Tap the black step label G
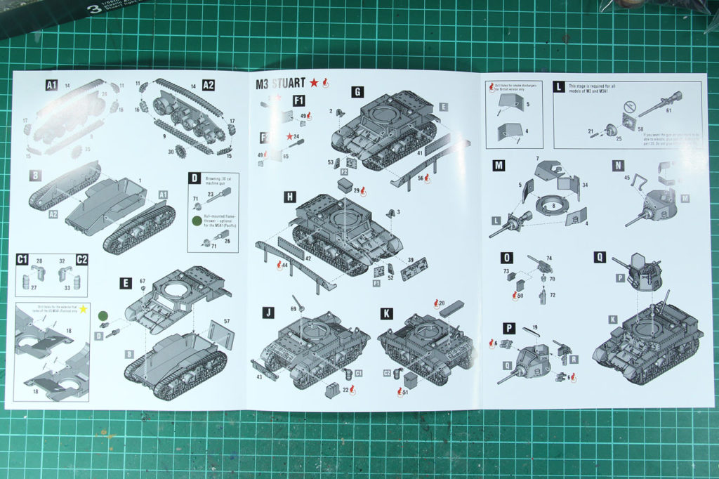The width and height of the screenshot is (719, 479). (358, 91)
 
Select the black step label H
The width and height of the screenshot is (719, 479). (289, 197)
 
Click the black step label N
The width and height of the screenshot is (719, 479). (618, 166)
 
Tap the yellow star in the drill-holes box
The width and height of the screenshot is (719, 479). (84, 309)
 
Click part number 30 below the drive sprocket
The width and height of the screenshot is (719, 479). (171, 150)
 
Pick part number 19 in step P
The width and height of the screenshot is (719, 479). (534, 328)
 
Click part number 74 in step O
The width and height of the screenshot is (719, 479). (548, 258)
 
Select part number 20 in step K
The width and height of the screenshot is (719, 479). (440, 303)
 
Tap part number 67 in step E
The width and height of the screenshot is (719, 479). (142, 281)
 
